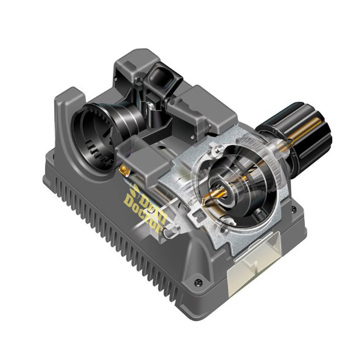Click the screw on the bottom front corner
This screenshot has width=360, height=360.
(x=198, y=282)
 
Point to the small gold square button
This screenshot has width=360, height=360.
(x=124, y=169)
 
